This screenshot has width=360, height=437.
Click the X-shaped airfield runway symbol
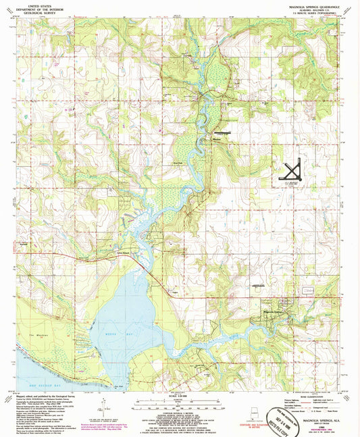point(293,169)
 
